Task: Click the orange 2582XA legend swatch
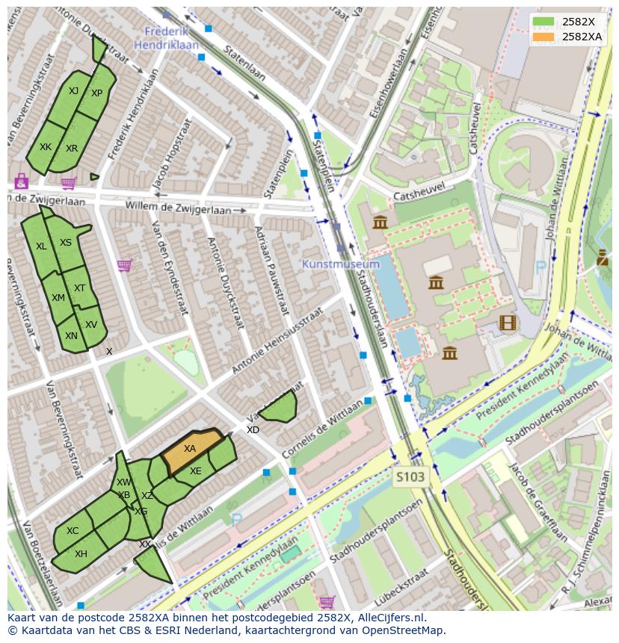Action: [543, 37]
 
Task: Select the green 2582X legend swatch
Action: [543, 22]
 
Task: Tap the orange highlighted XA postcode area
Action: [191, 450]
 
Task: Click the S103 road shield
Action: [410, 476]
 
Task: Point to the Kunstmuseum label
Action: [341, 264]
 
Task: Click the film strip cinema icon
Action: [508, 323]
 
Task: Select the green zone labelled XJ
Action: [73, 91]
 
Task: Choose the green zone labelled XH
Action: [81, 553]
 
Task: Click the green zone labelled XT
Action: [79, 288]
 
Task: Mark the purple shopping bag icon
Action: [21, 181]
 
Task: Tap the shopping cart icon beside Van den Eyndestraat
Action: [124, 265]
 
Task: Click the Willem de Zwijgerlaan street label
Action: [178, 207]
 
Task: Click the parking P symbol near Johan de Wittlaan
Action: [541, 265]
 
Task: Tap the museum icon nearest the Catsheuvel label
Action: [380, 222]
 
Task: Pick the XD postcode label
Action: [253, 430]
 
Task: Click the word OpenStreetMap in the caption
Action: [404, 630]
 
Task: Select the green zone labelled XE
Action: [195, 471]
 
